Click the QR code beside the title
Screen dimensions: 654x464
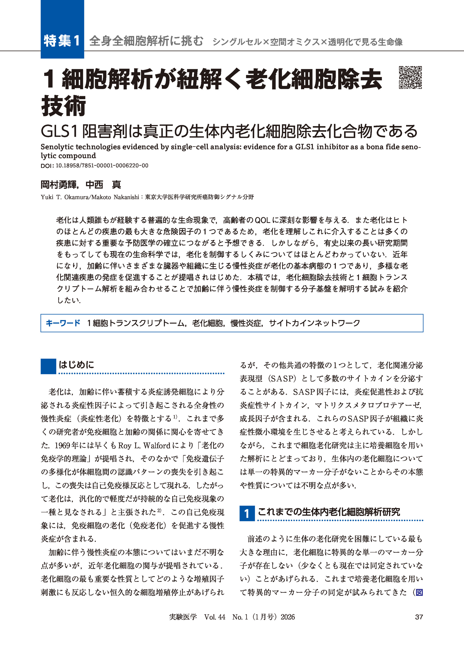[x=410, y=78]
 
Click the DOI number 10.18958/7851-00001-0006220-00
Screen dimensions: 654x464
[x=102, y=165]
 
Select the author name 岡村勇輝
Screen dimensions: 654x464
[x=59, y=185]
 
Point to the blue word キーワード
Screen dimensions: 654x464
[x=63, y=323]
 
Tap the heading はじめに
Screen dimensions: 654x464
[x=76, y=365]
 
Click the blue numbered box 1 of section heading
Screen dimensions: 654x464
[x=247, y=513]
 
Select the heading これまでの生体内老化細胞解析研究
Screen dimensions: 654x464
[x=329, y=512]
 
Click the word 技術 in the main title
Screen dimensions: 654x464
[x=63, y=106]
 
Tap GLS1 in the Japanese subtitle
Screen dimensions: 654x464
[x=59, y=131]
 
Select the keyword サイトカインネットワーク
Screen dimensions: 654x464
[x=314, y=323]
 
